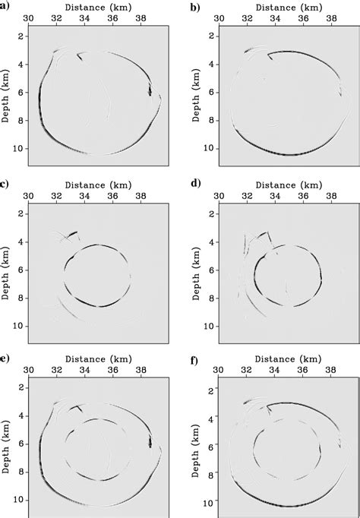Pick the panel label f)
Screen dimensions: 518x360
[194, 355]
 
